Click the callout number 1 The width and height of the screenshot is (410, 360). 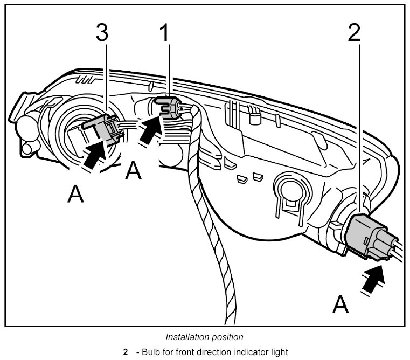coord(165,33)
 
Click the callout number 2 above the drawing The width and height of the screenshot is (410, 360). coord(353,33)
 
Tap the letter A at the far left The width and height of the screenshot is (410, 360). coord(76,194)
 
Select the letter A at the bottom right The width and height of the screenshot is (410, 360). coord(340,304)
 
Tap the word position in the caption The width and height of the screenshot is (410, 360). coord(225,337)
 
